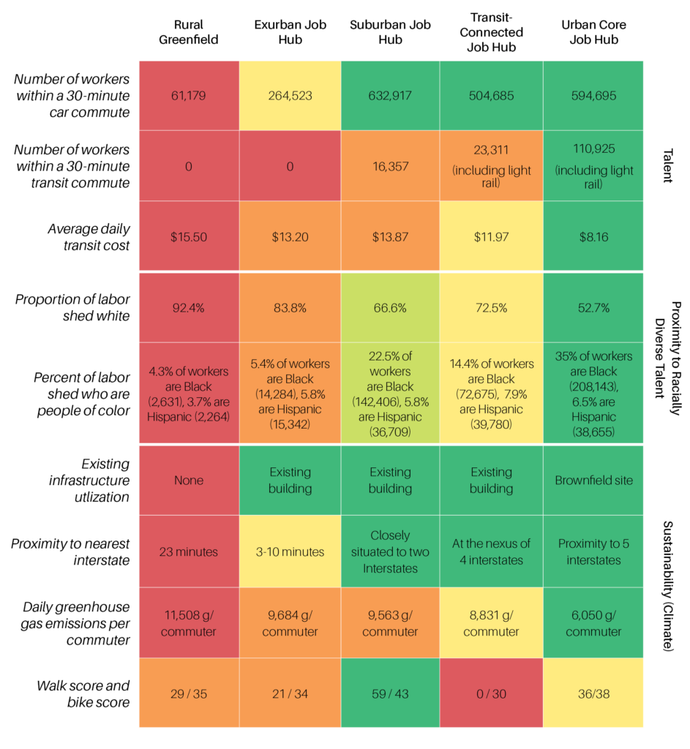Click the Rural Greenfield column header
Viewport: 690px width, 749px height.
point(189,31)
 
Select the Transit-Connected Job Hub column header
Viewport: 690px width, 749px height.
point(491,31)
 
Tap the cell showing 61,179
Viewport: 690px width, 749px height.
point(189,96)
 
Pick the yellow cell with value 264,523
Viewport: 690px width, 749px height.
point(290,96)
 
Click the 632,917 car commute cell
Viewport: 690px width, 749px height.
point(390,96)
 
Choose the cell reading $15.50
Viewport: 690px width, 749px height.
point(189,236)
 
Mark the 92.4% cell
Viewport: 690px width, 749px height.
point(189,307)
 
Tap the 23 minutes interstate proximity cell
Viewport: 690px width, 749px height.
point(189,552)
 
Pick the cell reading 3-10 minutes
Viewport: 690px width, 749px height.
point(290,552)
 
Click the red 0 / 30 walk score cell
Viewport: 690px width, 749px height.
point(491,693)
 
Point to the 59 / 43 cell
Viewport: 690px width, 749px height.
point(390,693)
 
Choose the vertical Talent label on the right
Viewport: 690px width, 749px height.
point(668,165)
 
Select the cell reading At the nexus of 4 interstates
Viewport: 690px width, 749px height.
point(491,552)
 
